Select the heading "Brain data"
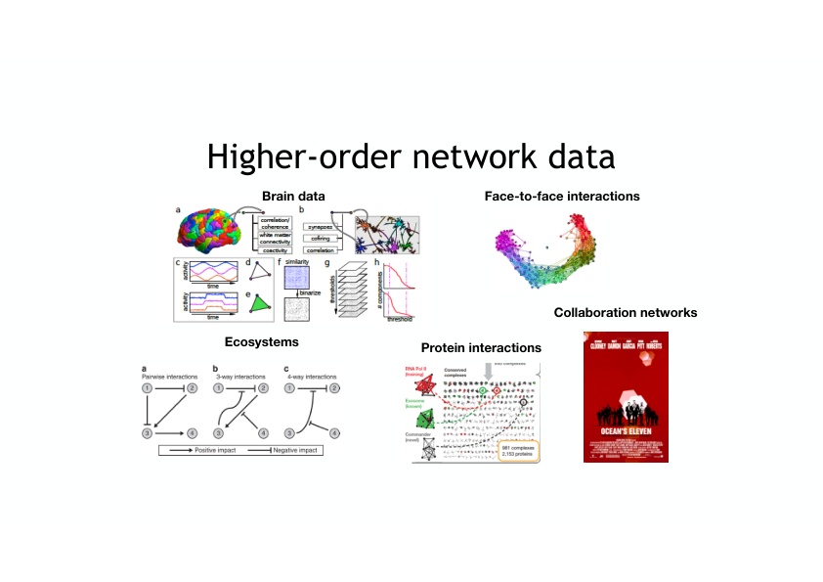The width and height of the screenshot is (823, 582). pyautogui.click(x=293, y=197)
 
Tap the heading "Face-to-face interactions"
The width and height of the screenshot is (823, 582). pyautogui.click(x=562, y=197)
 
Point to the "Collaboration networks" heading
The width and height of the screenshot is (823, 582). pyautogui.click(x=626, y=313)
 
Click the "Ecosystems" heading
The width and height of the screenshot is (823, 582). pyautogui.click(x=261, y=342)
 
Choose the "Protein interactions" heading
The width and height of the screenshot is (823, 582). pyautogui.click(x=481, y=348)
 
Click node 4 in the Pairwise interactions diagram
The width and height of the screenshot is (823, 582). pyautogui.click(x=193, y=432)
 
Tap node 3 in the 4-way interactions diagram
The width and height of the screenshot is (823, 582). pyautogui.click(x=289, y=432)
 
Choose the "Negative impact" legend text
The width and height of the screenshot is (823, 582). pyautogui.click(x=299, y=452)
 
